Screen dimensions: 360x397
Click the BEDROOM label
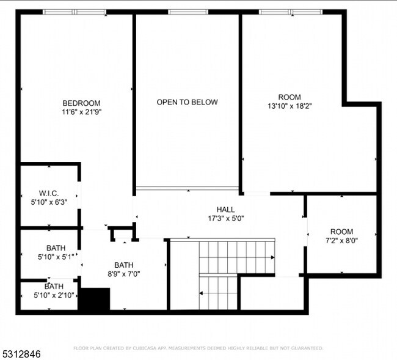click(x=81, y=103)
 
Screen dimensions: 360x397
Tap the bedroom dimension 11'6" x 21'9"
click(x=81, y=112)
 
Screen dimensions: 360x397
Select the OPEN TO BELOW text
click(x=187, y=102)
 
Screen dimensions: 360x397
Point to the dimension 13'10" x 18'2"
click(x=290, y=106)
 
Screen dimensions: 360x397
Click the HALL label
click(x=225, y=210)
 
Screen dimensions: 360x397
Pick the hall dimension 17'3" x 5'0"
click(x=225, y=218)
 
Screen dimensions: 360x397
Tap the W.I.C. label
click(x=48, y=193)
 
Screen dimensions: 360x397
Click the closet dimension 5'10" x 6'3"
click(x=48, y=202)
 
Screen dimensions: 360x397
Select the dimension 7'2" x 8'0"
click(x=341, y=240)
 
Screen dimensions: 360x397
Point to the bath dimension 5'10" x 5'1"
click(x=56, y=257)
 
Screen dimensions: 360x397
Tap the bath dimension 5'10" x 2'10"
click(x=53, y=296)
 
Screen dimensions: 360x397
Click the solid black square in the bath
click(x=95, y=299)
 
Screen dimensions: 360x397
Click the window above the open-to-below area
click(x=188, y=12)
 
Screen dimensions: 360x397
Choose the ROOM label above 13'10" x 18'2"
click(x=290, y=97)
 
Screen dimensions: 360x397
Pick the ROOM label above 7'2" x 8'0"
click(x=341, y=232)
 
